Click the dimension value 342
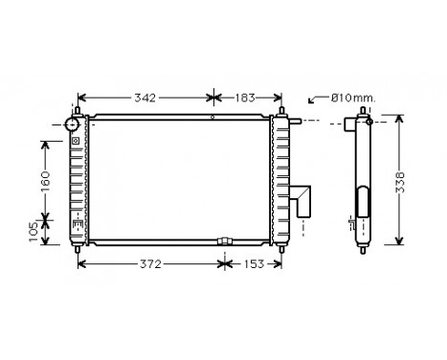click(145, 98)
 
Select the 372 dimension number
click(147, 263)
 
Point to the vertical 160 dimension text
click(45, 180)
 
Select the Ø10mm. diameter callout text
click(353, 98)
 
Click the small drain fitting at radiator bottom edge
click(225, 240)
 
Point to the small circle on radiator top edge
click(212, 119)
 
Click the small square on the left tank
click(75, 142)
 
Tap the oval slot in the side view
click(363, 204)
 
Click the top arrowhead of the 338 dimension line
click(397, 120)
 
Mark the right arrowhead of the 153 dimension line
click(280, 263)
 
